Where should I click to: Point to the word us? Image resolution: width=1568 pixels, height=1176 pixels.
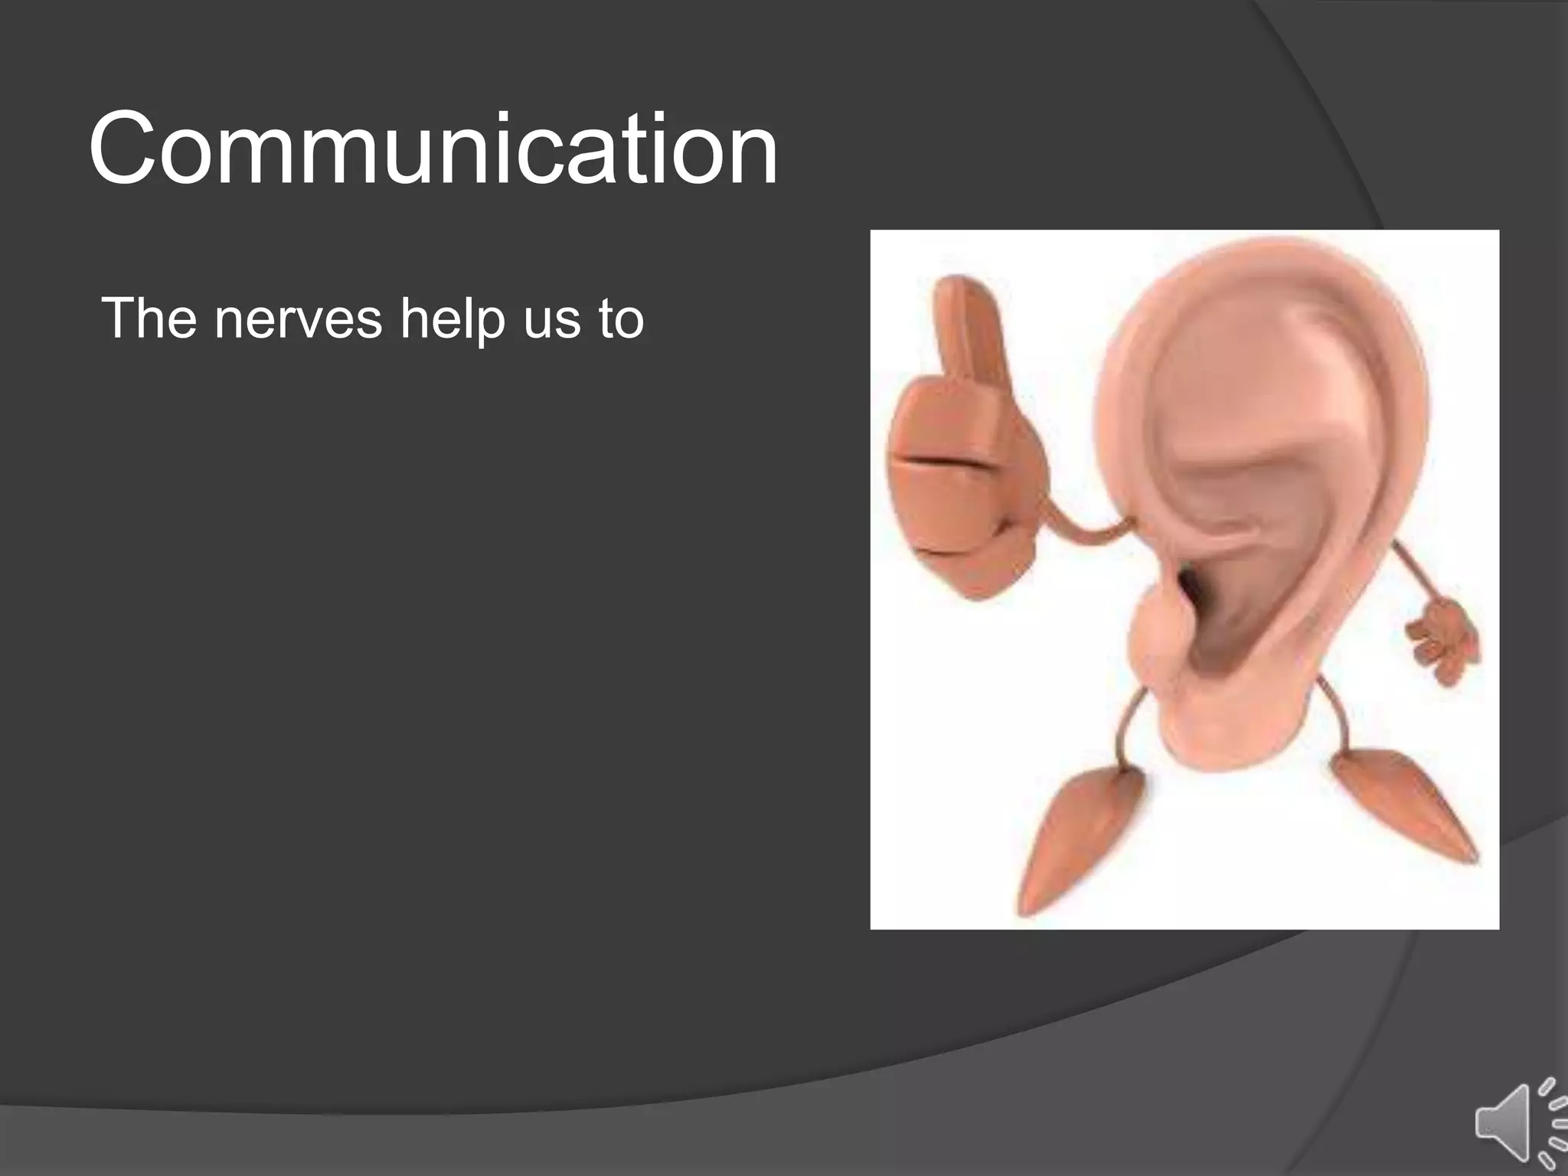(x=552, y=319)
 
